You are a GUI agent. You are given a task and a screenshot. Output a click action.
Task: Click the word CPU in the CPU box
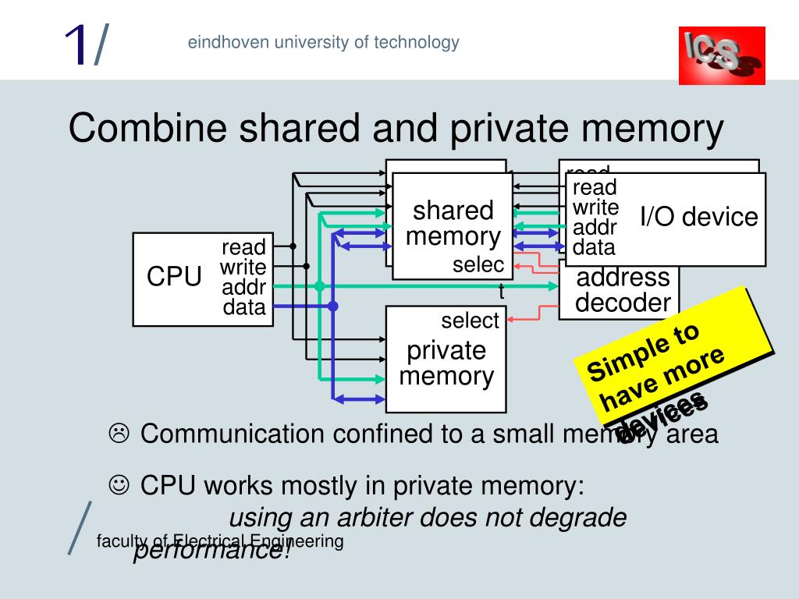click(175, 277)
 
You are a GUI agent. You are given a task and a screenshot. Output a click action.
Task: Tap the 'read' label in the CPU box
click(243, 248)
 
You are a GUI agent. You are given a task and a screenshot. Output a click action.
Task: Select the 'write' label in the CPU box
click(243, 268)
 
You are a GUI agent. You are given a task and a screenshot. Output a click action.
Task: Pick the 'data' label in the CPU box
click(243, 307)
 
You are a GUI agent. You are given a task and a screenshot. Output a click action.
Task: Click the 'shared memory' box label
click(453, 223)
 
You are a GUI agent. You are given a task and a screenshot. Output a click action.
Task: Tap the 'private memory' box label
click(446, 363)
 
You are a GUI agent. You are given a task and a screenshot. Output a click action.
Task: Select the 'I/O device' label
click(699, 216)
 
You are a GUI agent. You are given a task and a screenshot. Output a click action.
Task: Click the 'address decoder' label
click(623, 290)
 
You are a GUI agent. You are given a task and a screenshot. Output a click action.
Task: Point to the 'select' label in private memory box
click(470, 321)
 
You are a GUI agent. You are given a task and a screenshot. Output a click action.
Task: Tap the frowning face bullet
click(119, 432)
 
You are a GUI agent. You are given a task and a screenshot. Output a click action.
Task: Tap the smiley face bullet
click(119, 485)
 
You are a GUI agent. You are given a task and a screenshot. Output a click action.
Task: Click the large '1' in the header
click(76, 45)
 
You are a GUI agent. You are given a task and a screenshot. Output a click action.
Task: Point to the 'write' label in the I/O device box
click(595, 207)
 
